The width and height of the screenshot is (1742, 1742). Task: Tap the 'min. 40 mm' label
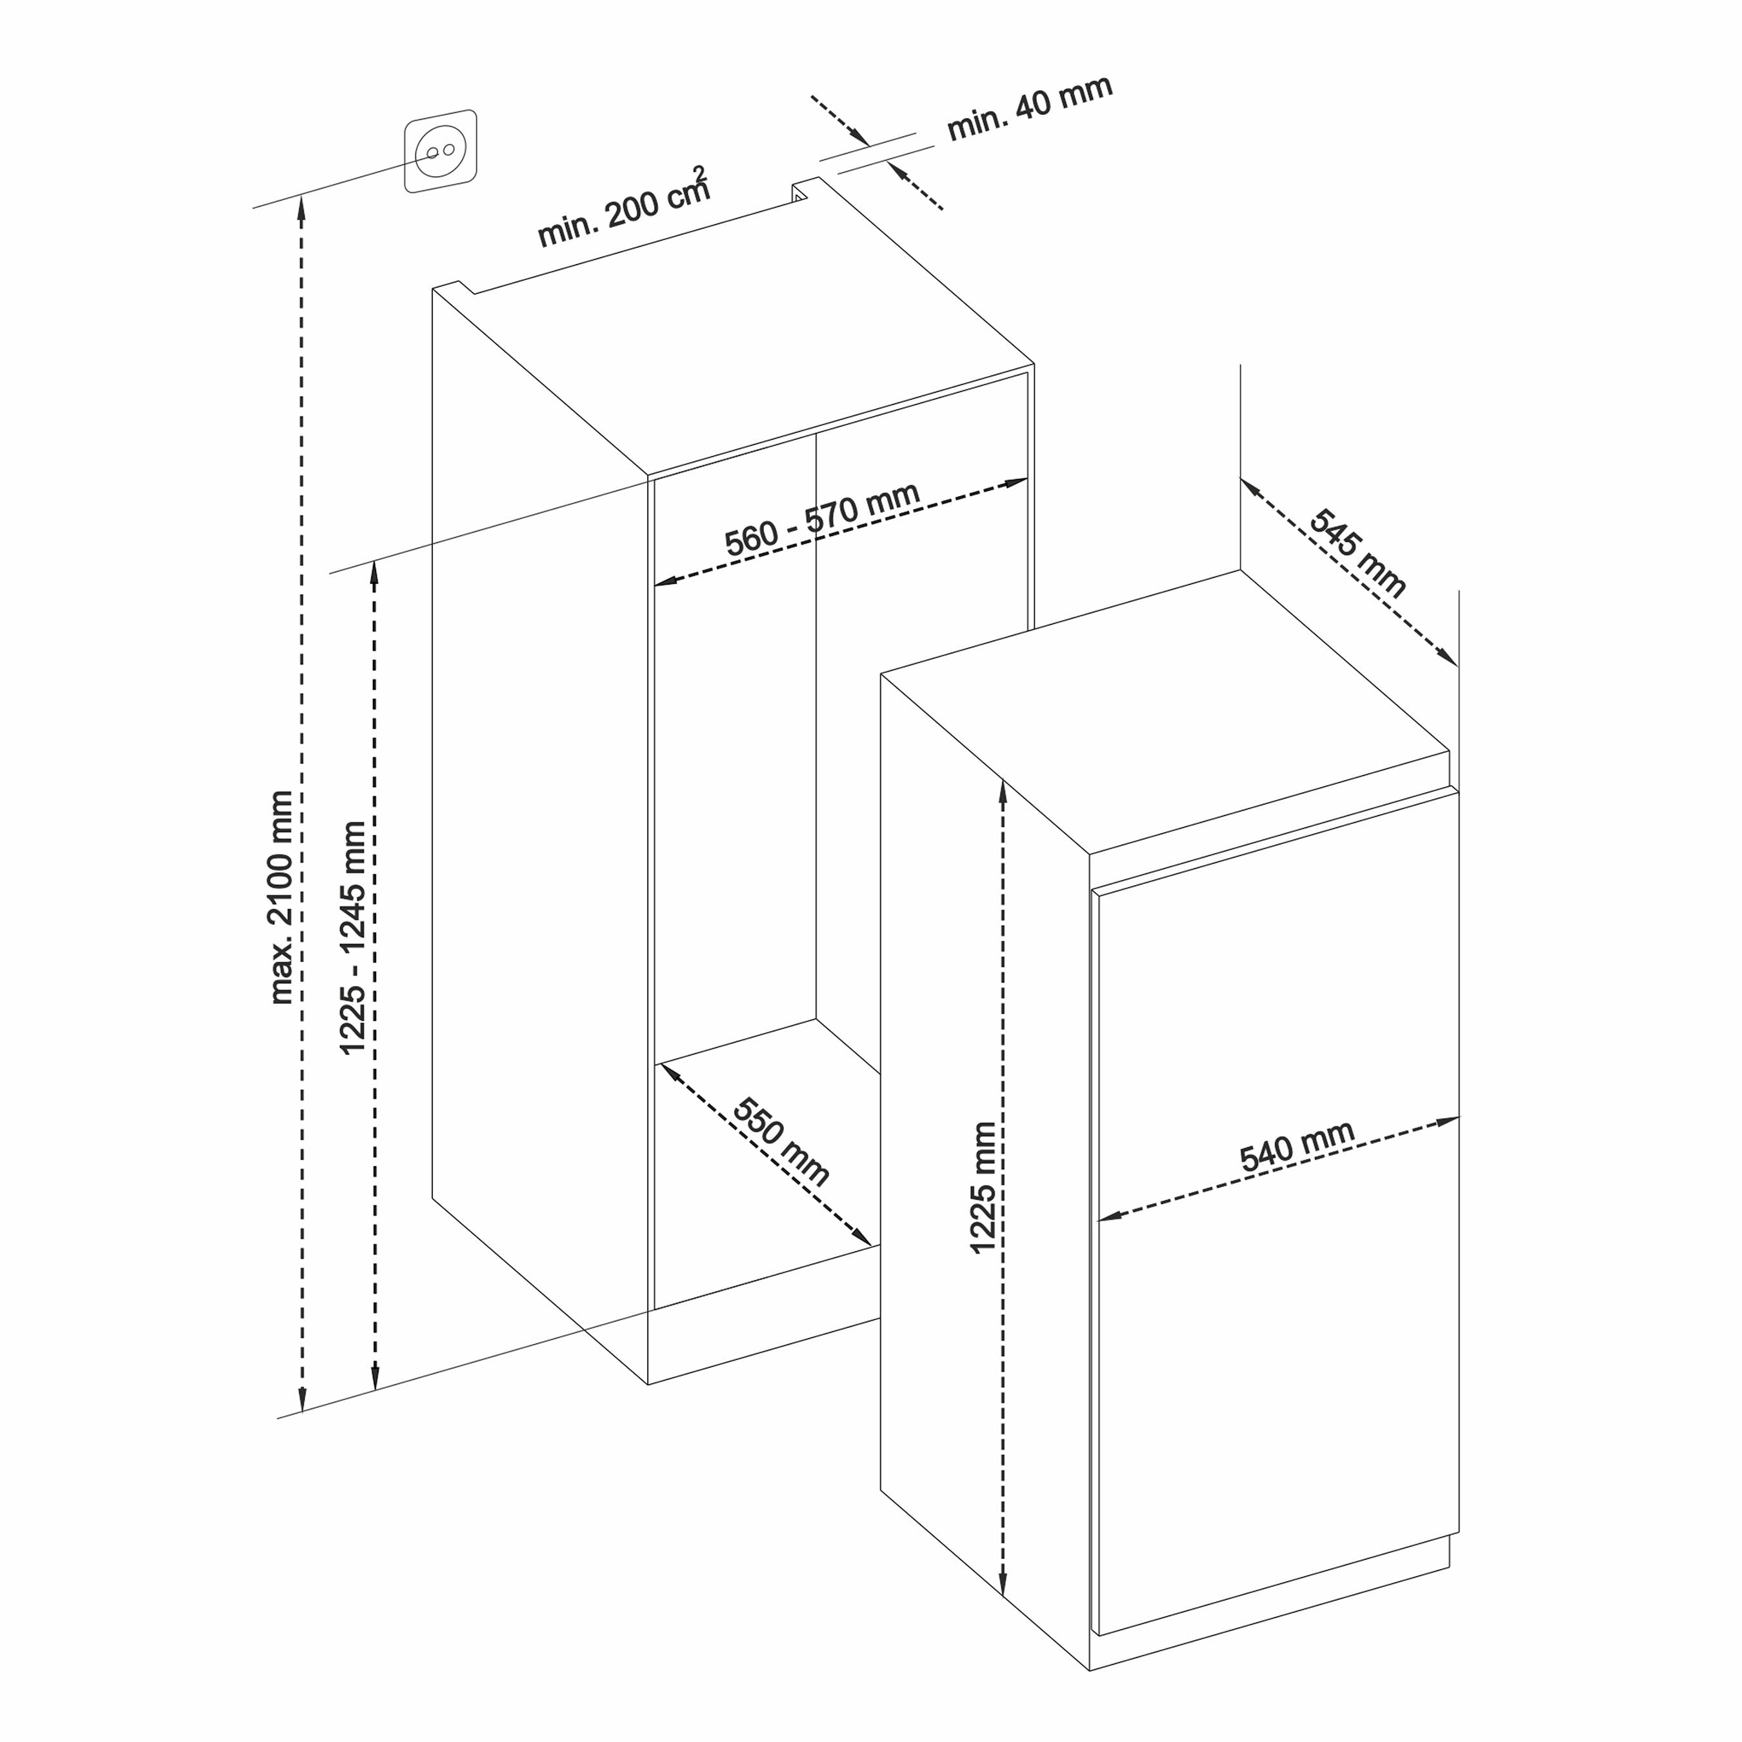coord(1030,108)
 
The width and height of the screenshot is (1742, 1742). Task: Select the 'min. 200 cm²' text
coord(624,208)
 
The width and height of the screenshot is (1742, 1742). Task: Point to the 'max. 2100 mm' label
coord(281,897)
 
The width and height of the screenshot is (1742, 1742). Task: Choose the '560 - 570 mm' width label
coord(823,519)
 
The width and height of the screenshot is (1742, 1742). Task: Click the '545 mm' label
coord(1357,553)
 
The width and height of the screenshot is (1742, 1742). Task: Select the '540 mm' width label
coord(1297,1146)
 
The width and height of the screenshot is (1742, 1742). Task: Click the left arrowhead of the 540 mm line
coord(1108,1216)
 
